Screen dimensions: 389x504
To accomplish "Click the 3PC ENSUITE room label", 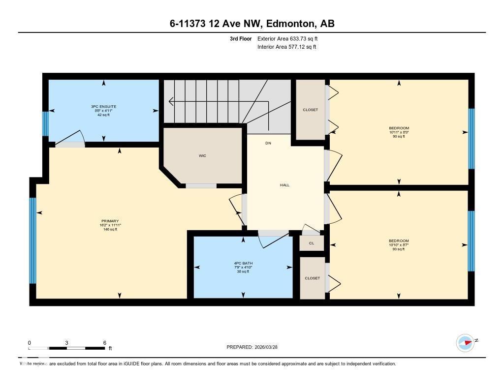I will pos(103,107).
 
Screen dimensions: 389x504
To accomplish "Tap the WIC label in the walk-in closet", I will pos(202,156).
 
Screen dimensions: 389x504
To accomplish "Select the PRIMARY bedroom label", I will pos(110,221).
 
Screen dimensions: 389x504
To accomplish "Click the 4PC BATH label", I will pos(243,263).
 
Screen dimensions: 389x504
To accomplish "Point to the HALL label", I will pos(284,185).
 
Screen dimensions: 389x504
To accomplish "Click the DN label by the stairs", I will pos(268,144).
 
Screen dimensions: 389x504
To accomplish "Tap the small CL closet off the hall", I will pos(312,243).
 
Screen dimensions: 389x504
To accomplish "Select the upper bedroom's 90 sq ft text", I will pos(399,137).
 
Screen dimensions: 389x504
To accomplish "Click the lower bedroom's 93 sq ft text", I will pos(399,249).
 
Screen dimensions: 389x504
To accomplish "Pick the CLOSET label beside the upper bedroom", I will pos(310,110).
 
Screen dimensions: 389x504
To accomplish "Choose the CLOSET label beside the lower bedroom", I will pos(312,278).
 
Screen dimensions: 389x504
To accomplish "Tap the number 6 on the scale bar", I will pos(104,343).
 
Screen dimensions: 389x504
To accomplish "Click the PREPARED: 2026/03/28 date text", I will pos(255,347).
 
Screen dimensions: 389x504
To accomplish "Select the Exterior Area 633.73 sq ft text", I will pos(291,38).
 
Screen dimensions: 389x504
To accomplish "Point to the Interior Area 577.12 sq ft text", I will pos(286,47).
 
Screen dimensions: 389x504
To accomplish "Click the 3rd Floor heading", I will pos(241,38).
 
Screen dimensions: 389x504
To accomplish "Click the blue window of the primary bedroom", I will pos(32,240).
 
